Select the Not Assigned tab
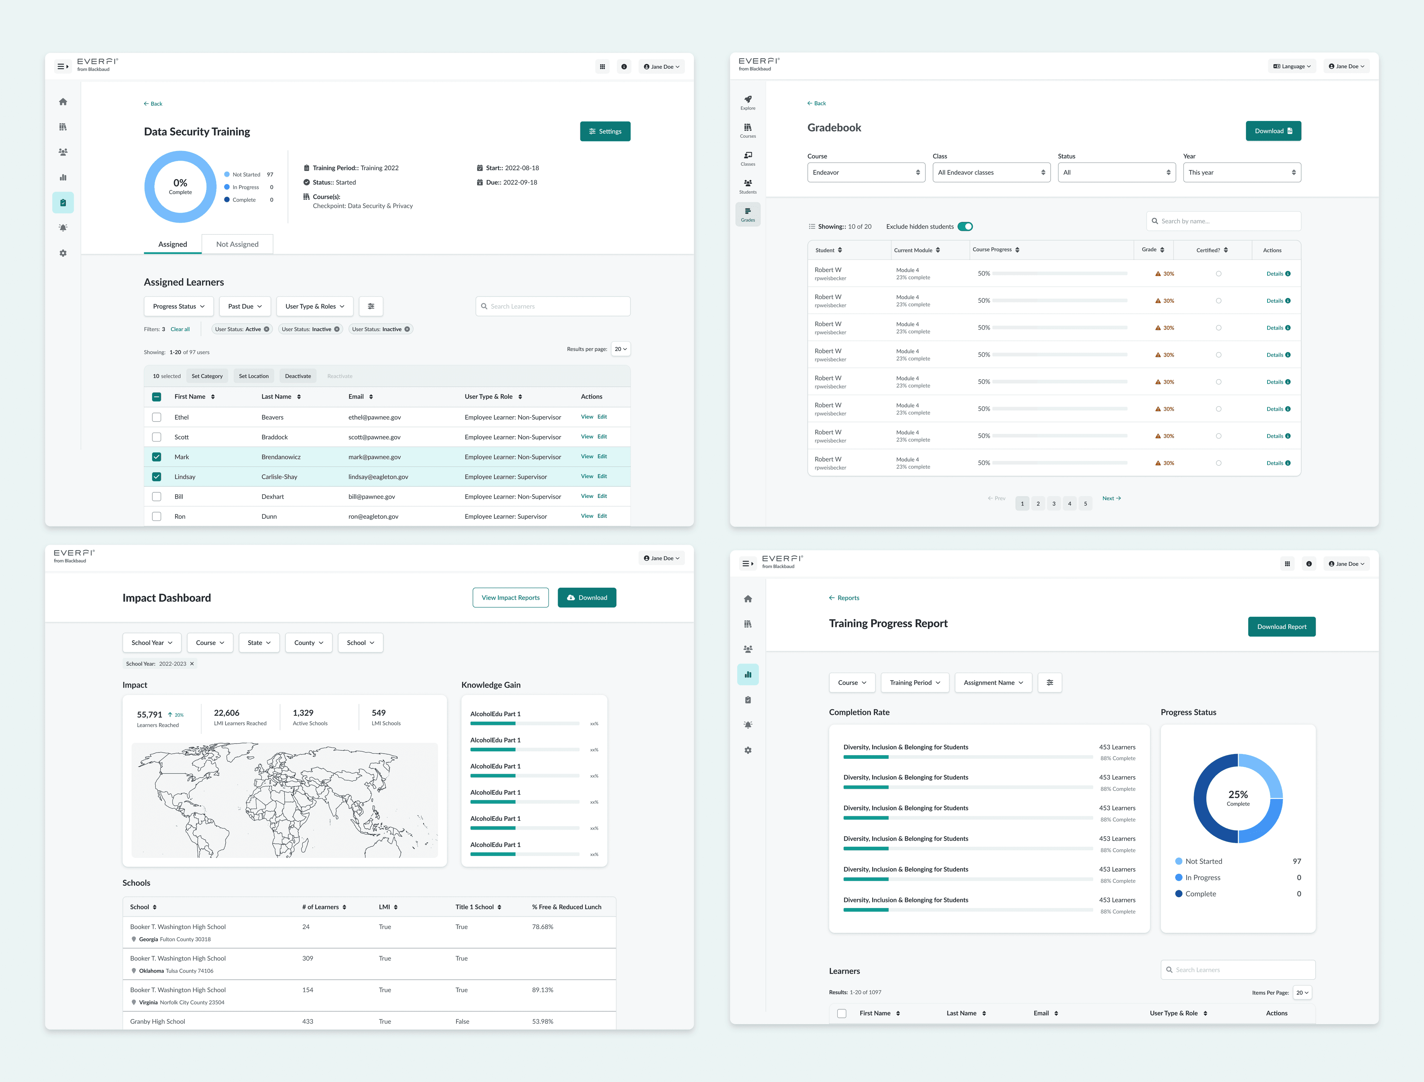(237, 244)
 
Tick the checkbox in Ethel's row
(156, 417)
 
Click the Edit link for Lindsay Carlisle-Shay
(602, 476)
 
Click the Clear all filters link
(180, 329)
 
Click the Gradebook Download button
(1273, 131)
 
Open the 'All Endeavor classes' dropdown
(991, 173)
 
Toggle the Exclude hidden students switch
(965, 227)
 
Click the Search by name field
(1223, 221)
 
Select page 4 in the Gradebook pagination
(1069, 504)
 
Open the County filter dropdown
(309, 643)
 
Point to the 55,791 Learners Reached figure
(149, 715)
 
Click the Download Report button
(1281, 627)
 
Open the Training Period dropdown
(914, 683)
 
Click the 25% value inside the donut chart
(1237, 795)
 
